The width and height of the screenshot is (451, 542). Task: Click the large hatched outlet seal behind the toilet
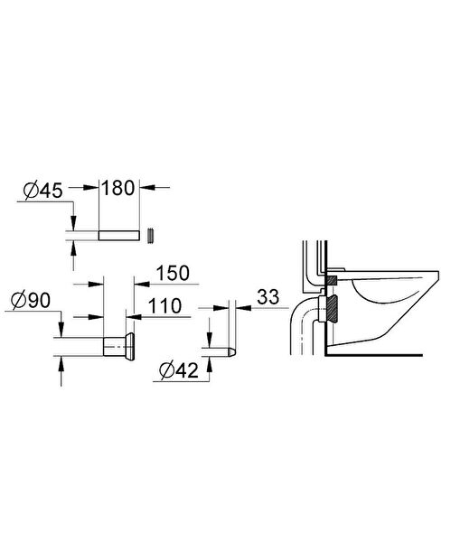coord(333,309)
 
